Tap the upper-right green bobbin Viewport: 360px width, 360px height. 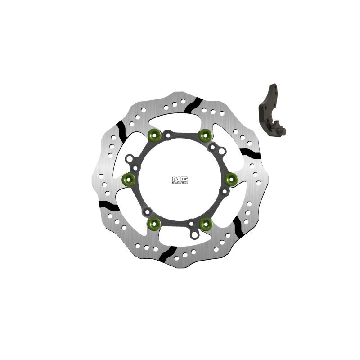205,134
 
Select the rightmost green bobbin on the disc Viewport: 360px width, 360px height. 231,179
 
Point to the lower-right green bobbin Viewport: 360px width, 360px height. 206,223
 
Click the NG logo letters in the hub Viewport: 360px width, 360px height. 180,179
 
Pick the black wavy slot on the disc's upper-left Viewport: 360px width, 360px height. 121,130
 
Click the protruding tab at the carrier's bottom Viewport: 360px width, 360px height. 193,234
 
